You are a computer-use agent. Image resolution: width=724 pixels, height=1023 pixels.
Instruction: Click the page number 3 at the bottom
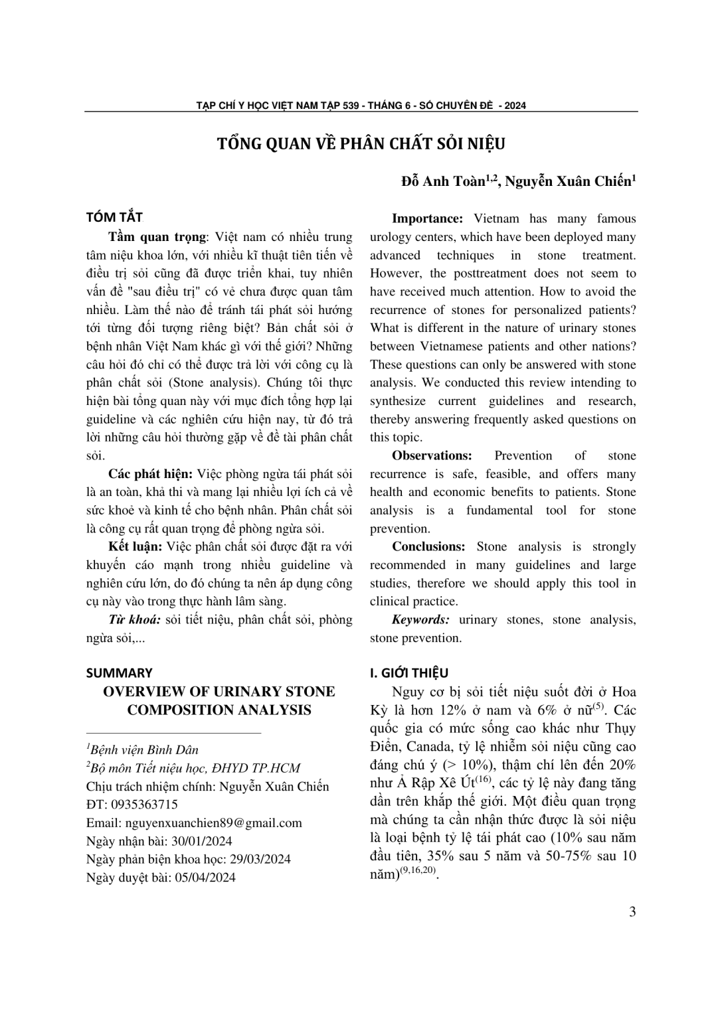click(x=632, y=911)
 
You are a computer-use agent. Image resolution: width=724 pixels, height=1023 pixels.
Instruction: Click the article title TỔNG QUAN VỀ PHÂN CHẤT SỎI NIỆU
click(x=361, y=144)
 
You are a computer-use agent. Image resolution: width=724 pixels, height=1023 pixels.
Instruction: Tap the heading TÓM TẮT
click(x=114, y=218)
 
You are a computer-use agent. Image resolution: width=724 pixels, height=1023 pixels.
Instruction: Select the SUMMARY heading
click(x=119, y=672)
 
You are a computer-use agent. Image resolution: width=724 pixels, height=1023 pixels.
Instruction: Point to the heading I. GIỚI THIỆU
click(x=408, y=672)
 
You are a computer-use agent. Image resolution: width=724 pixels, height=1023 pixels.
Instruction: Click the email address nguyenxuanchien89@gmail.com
click(x=213, y=823)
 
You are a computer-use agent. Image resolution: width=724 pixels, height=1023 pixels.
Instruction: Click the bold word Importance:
click(x=427, y=218)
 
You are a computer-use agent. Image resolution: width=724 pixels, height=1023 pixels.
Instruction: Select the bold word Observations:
click(x=432, y=455)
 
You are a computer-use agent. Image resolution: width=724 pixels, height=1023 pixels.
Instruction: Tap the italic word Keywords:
click(x=420, y=620)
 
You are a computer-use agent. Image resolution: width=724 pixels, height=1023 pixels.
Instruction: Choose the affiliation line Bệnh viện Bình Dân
click(x=144, y=749)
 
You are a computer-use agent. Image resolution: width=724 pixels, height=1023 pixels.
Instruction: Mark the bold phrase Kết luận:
click(x=136, y=547)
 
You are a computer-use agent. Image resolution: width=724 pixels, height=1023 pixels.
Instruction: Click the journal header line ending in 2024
click(x=361, y=105)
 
